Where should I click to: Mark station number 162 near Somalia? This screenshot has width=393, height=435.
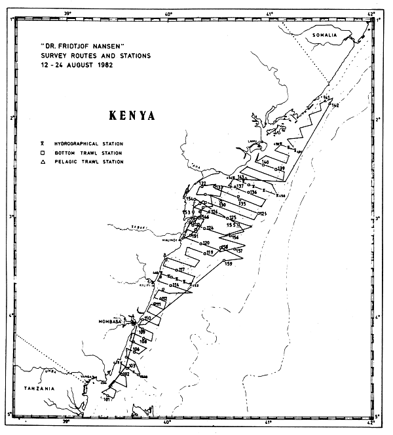335,105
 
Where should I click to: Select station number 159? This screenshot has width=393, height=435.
229,263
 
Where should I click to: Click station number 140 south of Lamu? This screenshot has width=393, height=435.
265,161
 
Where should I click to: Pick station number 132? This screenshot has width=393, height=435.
202,184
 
